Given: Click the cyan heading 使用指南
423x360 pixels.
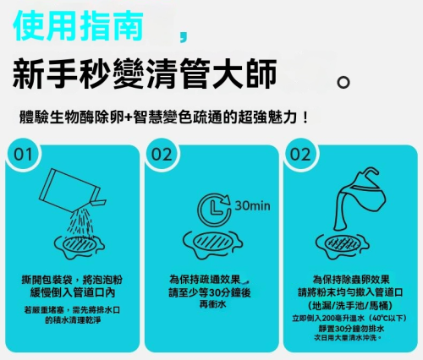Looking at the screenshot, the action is pyautogui.click(x=78, y=25).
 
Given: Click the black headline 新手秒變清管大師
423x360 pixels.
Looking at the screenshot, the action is pyautogui.click(x=144, y=74).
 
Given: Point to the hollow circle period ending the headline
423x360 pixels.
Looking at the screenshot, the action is pyautogui.click(x=343, y=82).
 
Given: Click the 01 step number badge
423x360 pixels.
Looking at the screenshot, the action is pyautogui.click(x=23, y=155).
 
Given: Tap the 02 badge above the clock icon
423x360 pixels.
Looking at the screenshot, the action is pyautogui.click(x=162, y=155).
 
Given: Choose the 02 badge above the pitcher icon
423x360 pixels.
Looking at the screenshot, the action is pyautogui.click(x=300, y=155).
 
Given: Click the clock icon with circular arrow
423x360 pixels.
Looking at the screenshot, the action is pyautogui.click(x=215, y=210).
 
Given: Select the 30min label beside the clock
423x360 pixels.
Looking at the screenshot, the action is pyautogui.click(x=252, y=206).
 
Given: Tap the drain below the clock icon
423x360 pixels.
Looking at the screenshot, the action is pyautogui.click(x=212, y=244).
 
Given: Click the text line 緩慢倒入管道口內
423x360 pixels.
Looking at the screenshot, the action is pyautogui.click(x=73, y=292).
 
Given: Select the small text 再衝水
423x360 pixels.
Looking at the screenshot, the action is pyautogui.click(x=212, y=304).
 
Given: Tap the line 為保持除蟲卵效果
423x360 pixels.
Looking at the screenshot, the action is pyautogui.click(x=351, y=280).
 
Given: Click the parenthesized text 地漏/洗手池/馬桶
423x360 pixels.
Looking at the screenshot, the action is pyautogui.click(x=351, y=305).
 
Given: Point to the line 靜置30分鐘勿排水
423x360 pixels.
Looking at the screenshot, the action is pyautogui.click(x=351, y=329).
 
